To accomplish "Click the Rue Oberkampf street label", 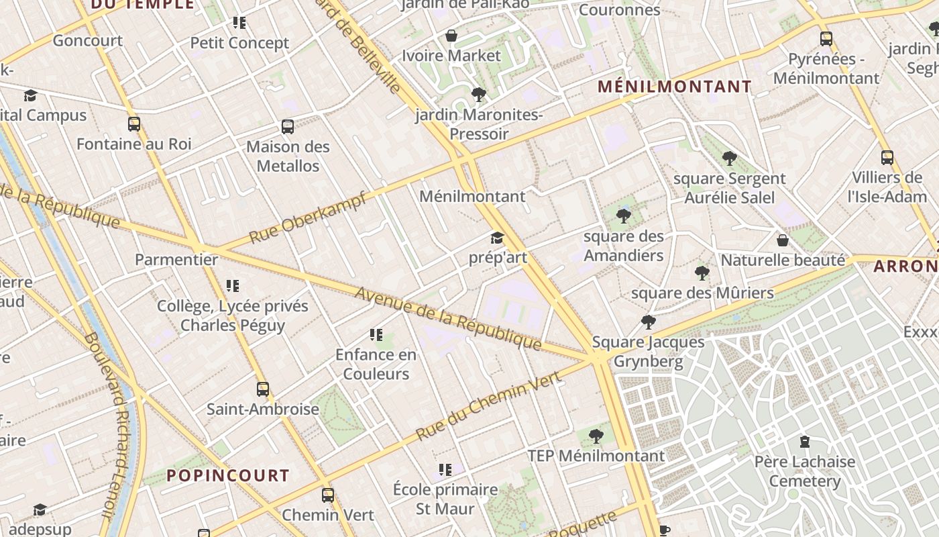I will pos(308,217).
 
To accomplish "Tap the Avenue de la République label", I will pos(448,318).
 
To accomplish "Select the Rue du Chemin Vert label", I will pos(488,407).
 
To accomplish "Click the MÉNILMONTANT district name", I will pos(674,87).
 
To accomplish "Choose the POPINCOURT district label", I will pos(227,476).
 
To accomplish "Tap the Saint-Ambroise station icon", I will pos(263,389).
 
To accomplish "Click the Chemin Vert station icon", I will pos(328,495).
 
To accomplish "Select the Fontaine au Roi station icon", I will pos(134,124).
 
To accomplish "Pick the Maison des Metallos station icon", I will pos(288,127).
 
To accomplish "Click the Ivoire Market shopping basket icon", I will pos(452,36).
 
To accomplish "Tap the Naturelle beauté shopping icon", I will pos(782,240).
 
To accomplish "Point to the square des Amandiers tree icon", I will pos(624,216).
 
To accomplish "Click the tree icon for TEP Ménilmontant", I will pos(596,437).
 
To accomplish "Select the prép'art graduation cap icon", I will pos(497,238).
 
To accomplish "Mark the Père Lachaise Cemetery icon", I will pos(804,442).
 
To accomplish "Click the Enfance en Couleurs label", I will pos(376,364).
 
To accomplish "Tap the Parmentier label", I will pos(176,260).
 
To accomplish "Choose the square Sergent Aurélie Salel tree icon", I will pos(730,159).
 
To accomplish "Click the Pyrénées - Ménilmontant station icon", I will pos(826,39).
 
